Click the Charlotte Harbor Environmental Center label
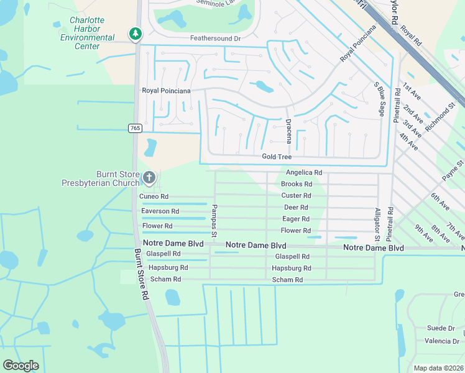(88, 37)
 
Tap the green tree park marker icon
(135, 34)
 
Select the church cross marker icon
(149, 178)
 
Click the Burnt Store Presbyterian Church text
(101, 178)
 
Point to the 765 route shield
(135, 127)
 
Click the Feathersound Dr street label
(215, 39)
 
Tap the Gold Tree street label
(277, 157)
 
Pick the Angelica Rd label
(303, 172)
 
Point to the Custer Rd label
(296, 196)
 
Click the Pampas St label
(213, 221)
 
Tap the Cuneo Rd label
(154, 196)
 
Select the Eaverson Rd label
(160, 211)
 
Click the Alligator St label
(377, 224)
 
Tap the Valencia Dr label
(441, 341)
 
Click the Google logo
(21, 366)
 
